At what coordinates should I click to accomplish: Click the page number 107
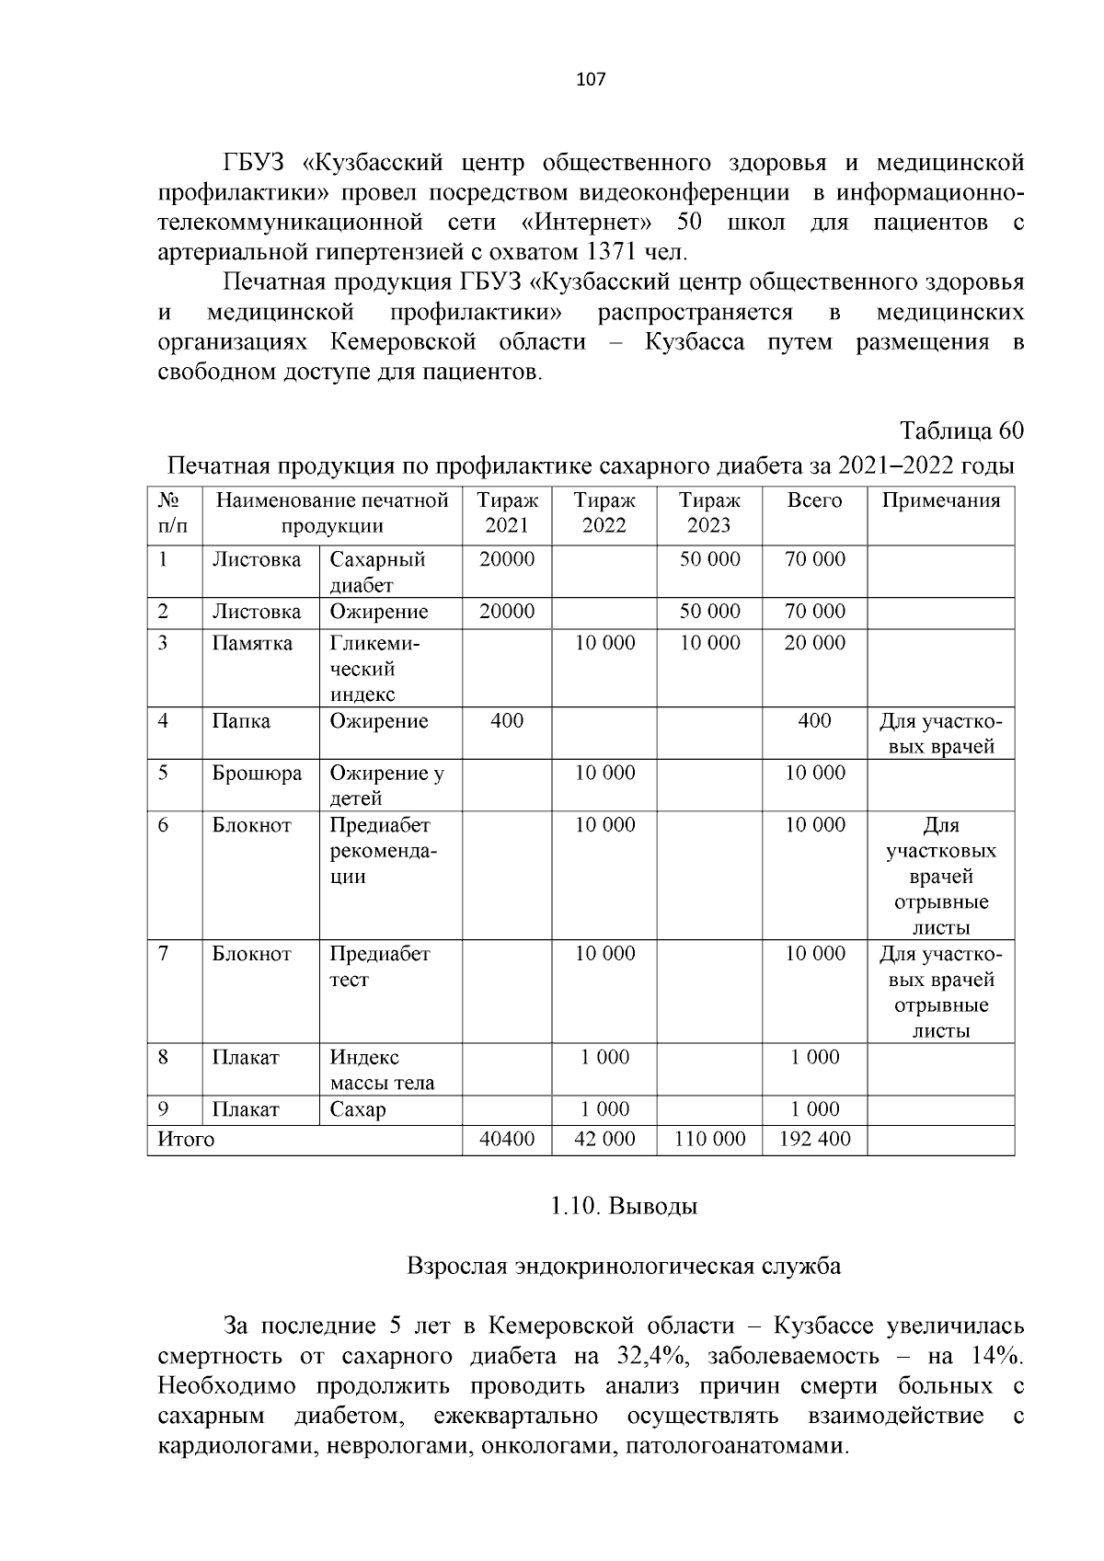590,79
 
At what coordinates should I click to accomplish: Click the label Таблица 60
961,431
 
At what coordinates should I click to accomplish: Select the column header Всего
814,501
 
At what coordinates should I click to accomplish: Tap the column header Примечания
940,501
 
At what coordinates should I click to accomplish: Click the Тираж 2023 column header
709,513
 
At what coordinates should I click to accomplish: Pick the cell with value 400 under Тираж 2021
507,721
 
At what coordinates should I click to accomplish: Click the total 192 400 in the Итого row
814,1140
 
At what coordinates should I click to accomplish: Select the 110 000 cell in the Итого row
709,1140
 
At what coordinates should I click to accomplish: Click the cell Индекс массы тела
381,1070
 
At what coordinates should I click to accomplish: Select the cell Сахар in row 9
358,1110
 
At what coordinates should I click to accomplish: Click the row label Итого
186,1140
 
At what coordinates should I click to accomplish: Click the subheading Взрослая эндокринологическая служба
623,1267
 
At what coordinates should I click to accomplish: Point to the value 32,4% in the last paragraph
637,1356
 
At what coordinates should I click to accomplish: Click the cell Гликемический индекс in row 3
374,669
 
